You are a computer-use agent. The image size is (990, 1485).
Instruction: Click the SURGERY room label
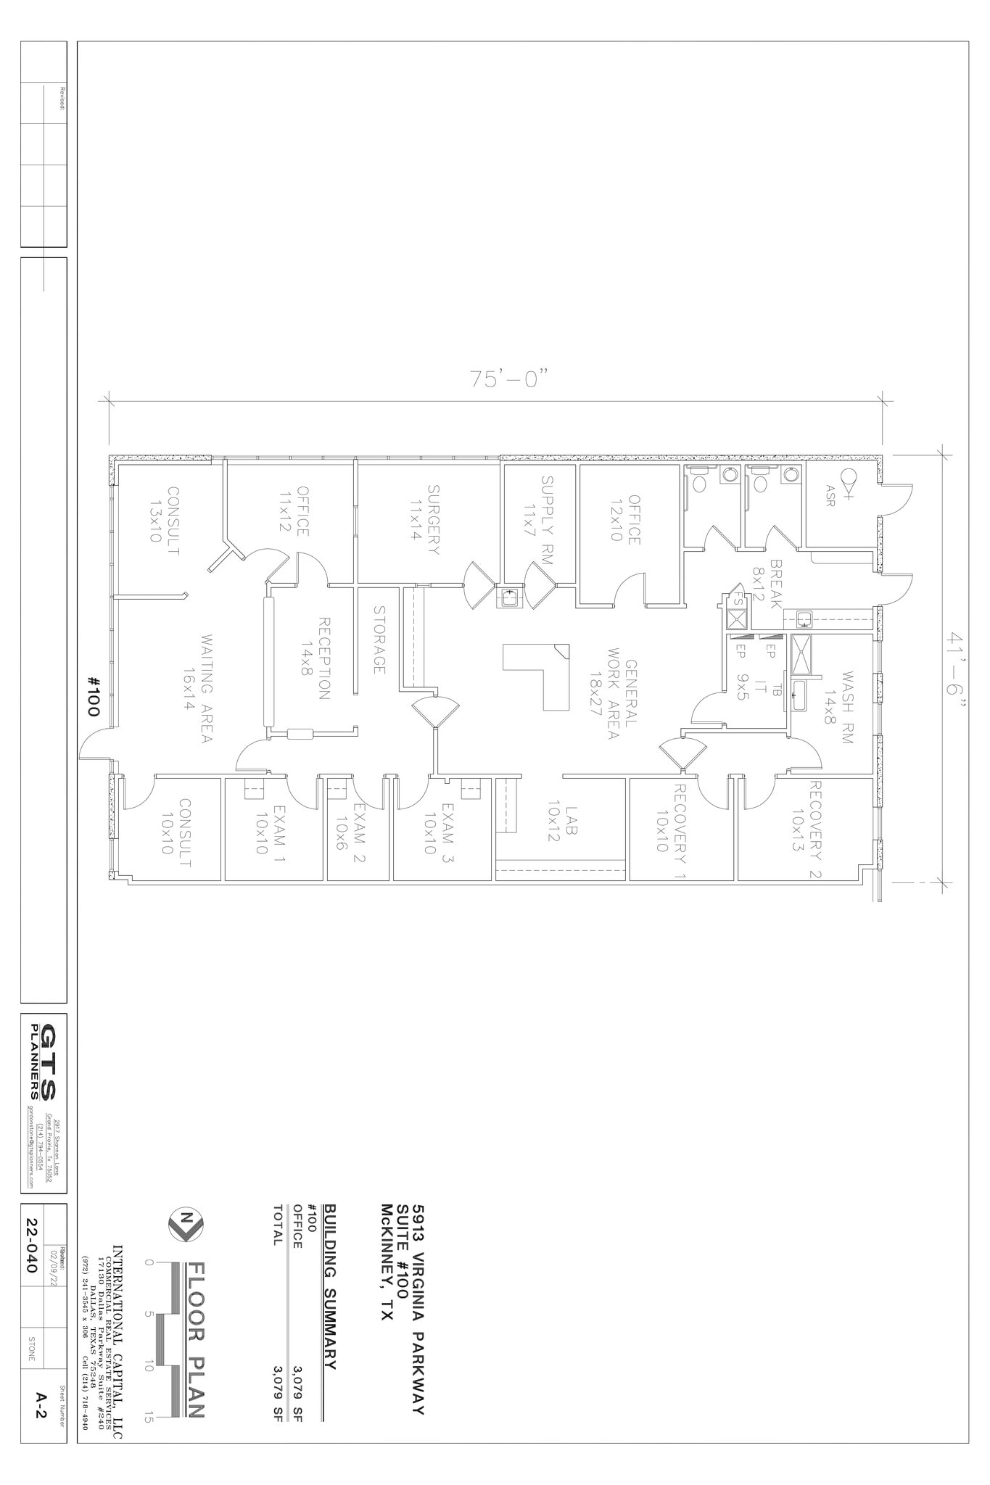tap(426, 520)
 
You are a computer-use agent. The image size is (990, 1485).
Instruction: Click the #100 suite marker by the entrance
tap(93, 697)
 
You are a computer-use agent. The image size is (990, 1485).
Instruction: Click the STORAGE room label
tap(379, 640)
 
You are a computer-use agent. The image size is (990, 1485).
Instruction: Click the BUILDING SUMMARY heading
tap(329, 1286)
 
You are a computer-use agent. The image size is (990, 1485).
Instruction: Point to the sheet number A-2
tap(42, 1407)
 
